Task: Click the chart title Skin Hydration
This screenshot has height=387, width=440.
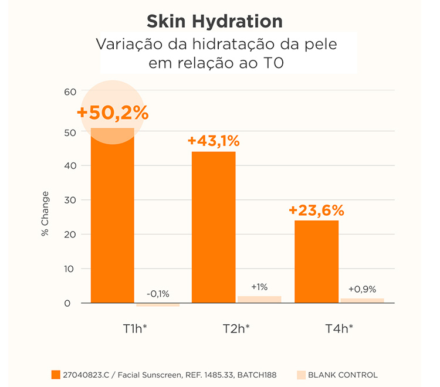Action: [x=215, y=22]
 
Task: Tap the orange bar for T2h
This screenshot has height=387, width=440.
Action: [x=214, y=228]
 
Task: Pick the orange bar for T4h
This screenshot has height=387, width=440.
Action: [x=316, y=262]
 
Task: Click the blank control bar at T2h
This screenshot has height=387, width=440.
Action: [x=259, y=299]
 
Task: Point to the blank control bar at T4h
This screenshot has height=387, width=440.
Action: [x=362, y=300]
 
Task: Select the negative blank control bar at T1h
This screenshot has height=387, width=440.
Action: [x=158, y=305]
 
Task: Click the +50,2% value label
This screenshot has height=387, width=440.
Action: [x=113, y=113]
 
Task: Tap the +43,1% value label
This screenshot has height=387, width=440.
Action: [x=214, y=141]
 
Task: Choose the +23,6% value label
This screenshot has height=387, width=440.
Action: [x=316, y=211]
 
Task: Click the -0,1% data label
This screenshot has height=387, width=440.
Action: [x=158, y=294]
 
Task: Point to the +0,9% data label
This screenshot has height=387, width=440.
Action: [x=362, y=289]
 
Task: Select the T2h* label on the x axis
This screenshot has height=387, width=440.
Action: [x=236, y=328]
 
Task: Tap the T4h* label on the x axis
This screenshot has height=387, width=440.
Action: [x=339, y=328]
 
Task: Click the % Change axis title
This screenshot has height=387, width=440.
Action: [x=45, y=213]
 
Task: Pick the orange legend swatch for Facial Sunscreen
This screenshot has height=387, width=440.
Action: [x=56, y=375]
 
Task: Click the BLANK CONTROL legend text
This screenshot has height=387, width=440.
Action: [x=343, y=375]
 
